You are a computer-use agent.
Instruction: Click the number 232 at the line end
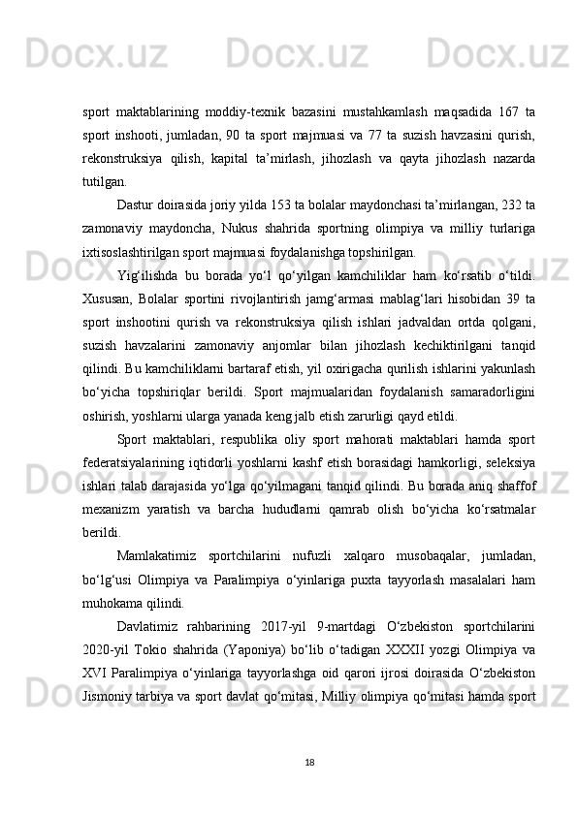coord(515,206)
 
